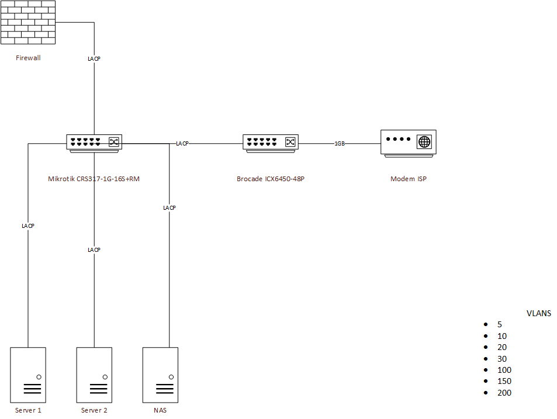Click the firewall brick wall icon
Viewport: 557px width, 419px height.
tap(28, 23)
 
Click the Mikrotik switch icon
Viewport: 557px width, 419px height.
tap(94, 143)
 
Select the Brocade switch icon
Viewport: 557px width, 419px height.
tap(271, 143)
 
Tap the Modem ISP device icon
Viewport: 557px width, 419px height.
tap(408, 142)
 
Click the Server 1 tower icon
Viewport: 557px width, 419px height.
tap(28, 375)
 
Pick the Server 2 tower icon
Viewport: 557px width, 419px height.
tap(94, 375)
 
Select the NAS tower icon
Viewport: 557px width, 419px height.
tap(160, 375)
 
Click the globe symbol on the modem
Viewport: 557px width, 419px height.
tap(424, 142)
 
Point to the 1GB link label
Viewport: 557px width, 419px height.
tap(340, 143)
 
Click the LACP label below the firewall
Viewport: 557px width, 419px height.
tap(94, 59)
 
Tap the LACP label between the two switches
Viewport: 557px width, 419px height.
tap(182, 143)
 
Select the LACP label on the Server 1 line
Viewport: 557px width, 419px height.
tap(28, 226)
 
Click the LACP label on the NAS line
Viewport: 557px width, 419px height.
tap(169, 207)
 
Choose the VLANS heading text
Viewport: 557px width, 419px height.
tap(539, 313)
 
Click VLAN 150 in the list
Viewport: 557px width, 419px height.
tap(504, 382)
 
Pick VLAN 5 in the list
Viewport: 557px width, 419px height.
tap(500, 324)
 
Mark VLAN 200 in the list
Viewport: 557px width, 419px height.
tap(504, 393)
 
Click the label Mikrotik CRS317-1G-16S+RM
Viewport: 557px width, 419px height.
tap(94, 179)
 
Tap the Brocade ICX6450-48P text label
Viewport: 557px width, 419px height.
tap(271, 179)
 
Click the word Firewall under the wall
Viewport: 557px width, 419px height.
tap(29, 58)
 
